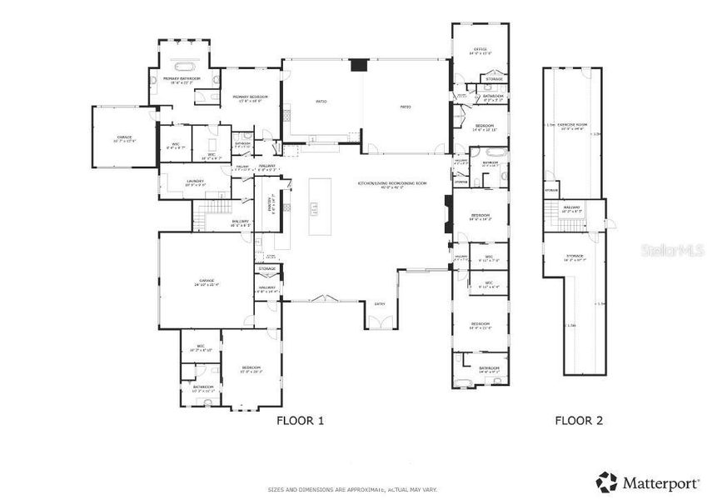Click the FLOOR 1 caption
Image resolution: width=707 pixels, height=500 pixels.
coord(300,421)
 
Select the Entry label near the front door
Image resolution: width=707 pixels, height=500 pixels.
coord(380,304)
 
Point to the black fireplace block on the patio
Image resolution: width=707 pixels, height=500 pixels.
coord(359,66)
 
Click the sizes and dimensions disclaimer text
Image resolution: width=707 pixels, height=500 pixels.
coord(351,489)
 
